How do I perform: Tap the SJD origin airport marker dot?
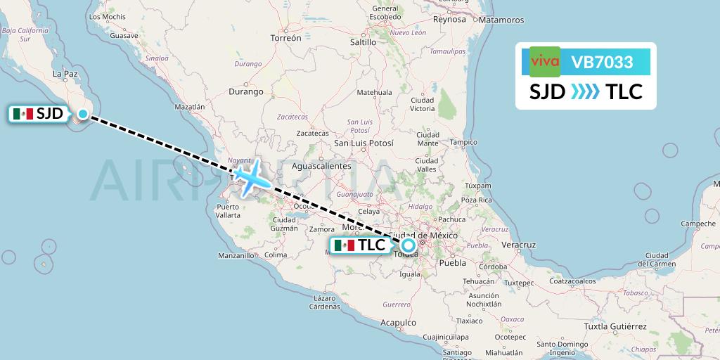tap(83, 114)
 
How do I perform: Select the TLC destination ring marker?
tap(409, 245)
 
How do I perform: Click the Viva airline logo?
tap(544, 61)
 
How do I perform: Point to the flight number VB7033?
tap(602, 63)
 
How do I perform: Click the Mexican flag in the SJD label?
tap(23, 114)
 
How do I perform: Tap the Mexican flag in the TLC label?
tap(345, 245)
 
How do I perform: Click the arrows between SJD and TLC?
tap(585, 92)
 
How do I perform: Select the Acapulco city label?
tap(399, 323)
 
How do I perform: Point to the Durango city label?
tap(246, 91)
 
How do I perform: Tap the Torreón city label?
tap(285, 38)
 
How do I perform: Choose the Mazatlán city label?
tap(188, 108)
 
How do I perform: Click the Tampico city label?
tap(463, 142)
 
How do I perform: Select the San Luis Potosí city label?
tap(364, 143)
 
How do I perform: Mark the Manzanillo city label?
tap(236, 255)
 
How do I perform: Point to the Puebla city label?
tap(451, 264)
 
